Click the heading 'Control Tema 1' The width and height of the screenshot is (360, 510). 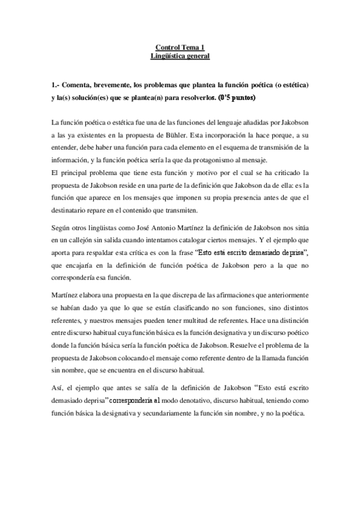tap(180, 48)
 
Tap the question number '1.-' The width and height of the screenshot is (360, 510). tap(56, 85)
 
